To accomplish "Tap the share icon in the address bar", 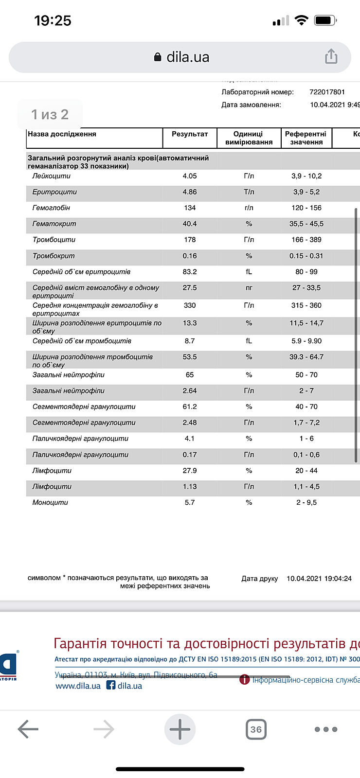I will coord(331,56).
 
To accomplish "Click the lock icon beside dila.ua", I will coord(157,57).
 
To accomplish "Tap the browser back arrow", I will coord(28,729).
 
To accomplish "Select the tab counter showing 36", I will coord(256,729).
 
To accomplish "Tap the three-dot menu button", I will coord(325,729).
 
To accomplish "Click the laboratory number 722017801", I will coord(327,92).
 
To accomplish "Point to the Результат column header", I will coord(190,134).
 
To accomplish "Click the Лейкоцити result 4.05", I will coord(190,176).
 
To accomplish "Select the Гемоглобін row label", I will coord(51,208).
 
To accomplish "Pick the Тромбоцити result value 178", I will coord(190,240).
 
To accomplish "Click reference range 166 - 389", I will coord(306,240).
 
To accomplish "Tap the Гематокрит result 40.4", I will coord(190,224).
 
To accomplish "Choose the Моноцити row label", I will coord(50,502).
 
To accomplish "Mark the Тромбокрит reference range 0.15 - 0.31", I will coord(306,256).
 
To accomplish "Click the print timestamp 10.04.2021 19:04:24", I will coord(319,579).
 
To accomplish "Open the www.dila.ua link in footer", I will coord(78,686).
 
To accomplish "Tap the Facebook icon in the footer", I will coord(111,685).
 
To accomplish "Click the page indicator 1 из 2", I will coord(50,114).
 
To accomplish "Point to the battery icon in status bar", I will coord(325,20).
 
